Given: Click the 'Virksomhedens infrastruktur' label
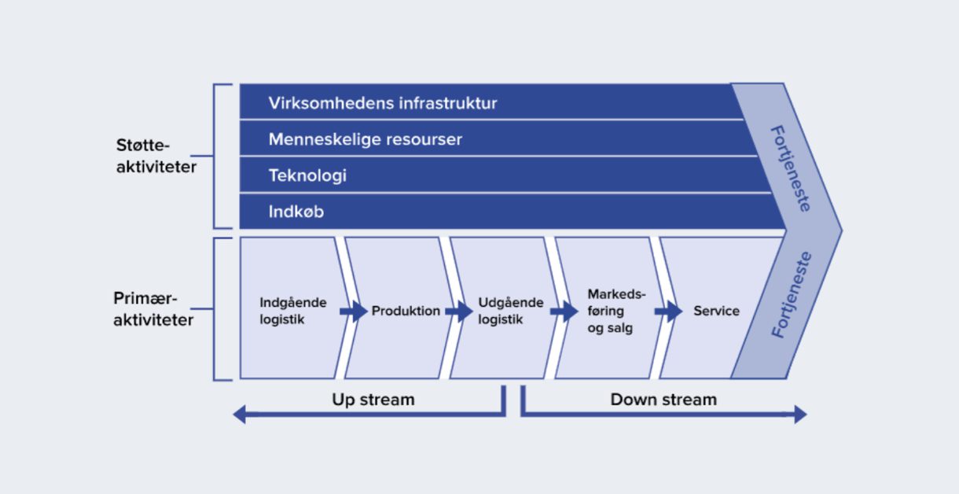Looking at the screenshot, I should coord(383,103).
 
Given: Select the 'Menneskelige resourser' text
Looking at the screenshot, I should coord(365,140).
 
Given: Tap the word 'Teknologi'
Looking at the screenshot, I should coord(307,176).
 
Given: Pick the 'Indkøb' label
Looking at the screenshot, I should coord(296,212).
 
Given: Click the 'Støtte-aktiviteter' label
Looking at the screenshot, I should coord(155,156).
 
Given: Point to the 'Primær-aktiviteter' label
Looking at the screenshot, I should coord(153,309).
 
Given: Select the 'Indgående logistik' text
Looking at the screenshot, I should coord(292,311).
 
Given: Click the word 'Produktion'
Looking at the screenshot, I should coord(406,311).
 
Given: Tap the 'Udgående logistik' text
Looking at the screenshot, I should coord(510,311).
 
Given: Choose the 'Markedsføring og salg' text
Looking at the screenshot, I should coord(615,311).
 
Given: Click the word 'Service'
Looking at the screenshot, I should coord(716,311).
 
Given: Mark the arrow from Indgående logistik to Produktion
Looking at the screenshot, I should coord(353,312).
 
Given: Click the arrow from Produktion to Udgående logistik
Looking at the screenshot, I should coord(458,312).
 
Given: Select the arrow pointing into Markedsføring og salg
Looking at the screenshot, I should coord(564,312).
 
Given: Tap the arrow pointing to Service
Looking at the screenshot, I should coord(668,312).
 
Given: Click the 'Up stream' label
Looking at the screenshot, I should coord(373,400).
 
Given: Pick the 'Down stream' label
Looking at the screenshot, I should coord(663,400).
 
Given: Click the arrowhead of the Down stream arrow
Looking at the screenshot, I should coord(799,415).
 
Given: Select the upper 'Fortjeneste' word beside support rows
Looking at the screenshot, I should coord(790,168).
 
